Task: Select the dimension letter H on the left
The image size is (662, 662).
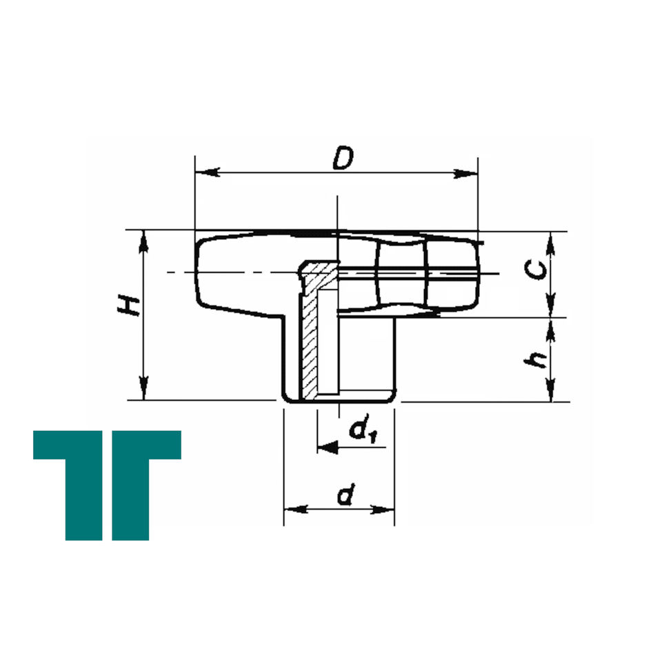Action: (128, 305)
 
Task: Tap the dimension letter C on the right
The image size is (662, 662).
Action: (535, 270)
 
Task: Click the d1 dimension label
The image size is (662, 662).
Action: (363, 430)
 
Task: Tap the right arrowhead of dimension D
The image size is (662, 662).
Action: (465, 174)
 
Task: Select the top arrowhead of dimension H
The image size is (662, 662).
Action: (144, 242)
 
